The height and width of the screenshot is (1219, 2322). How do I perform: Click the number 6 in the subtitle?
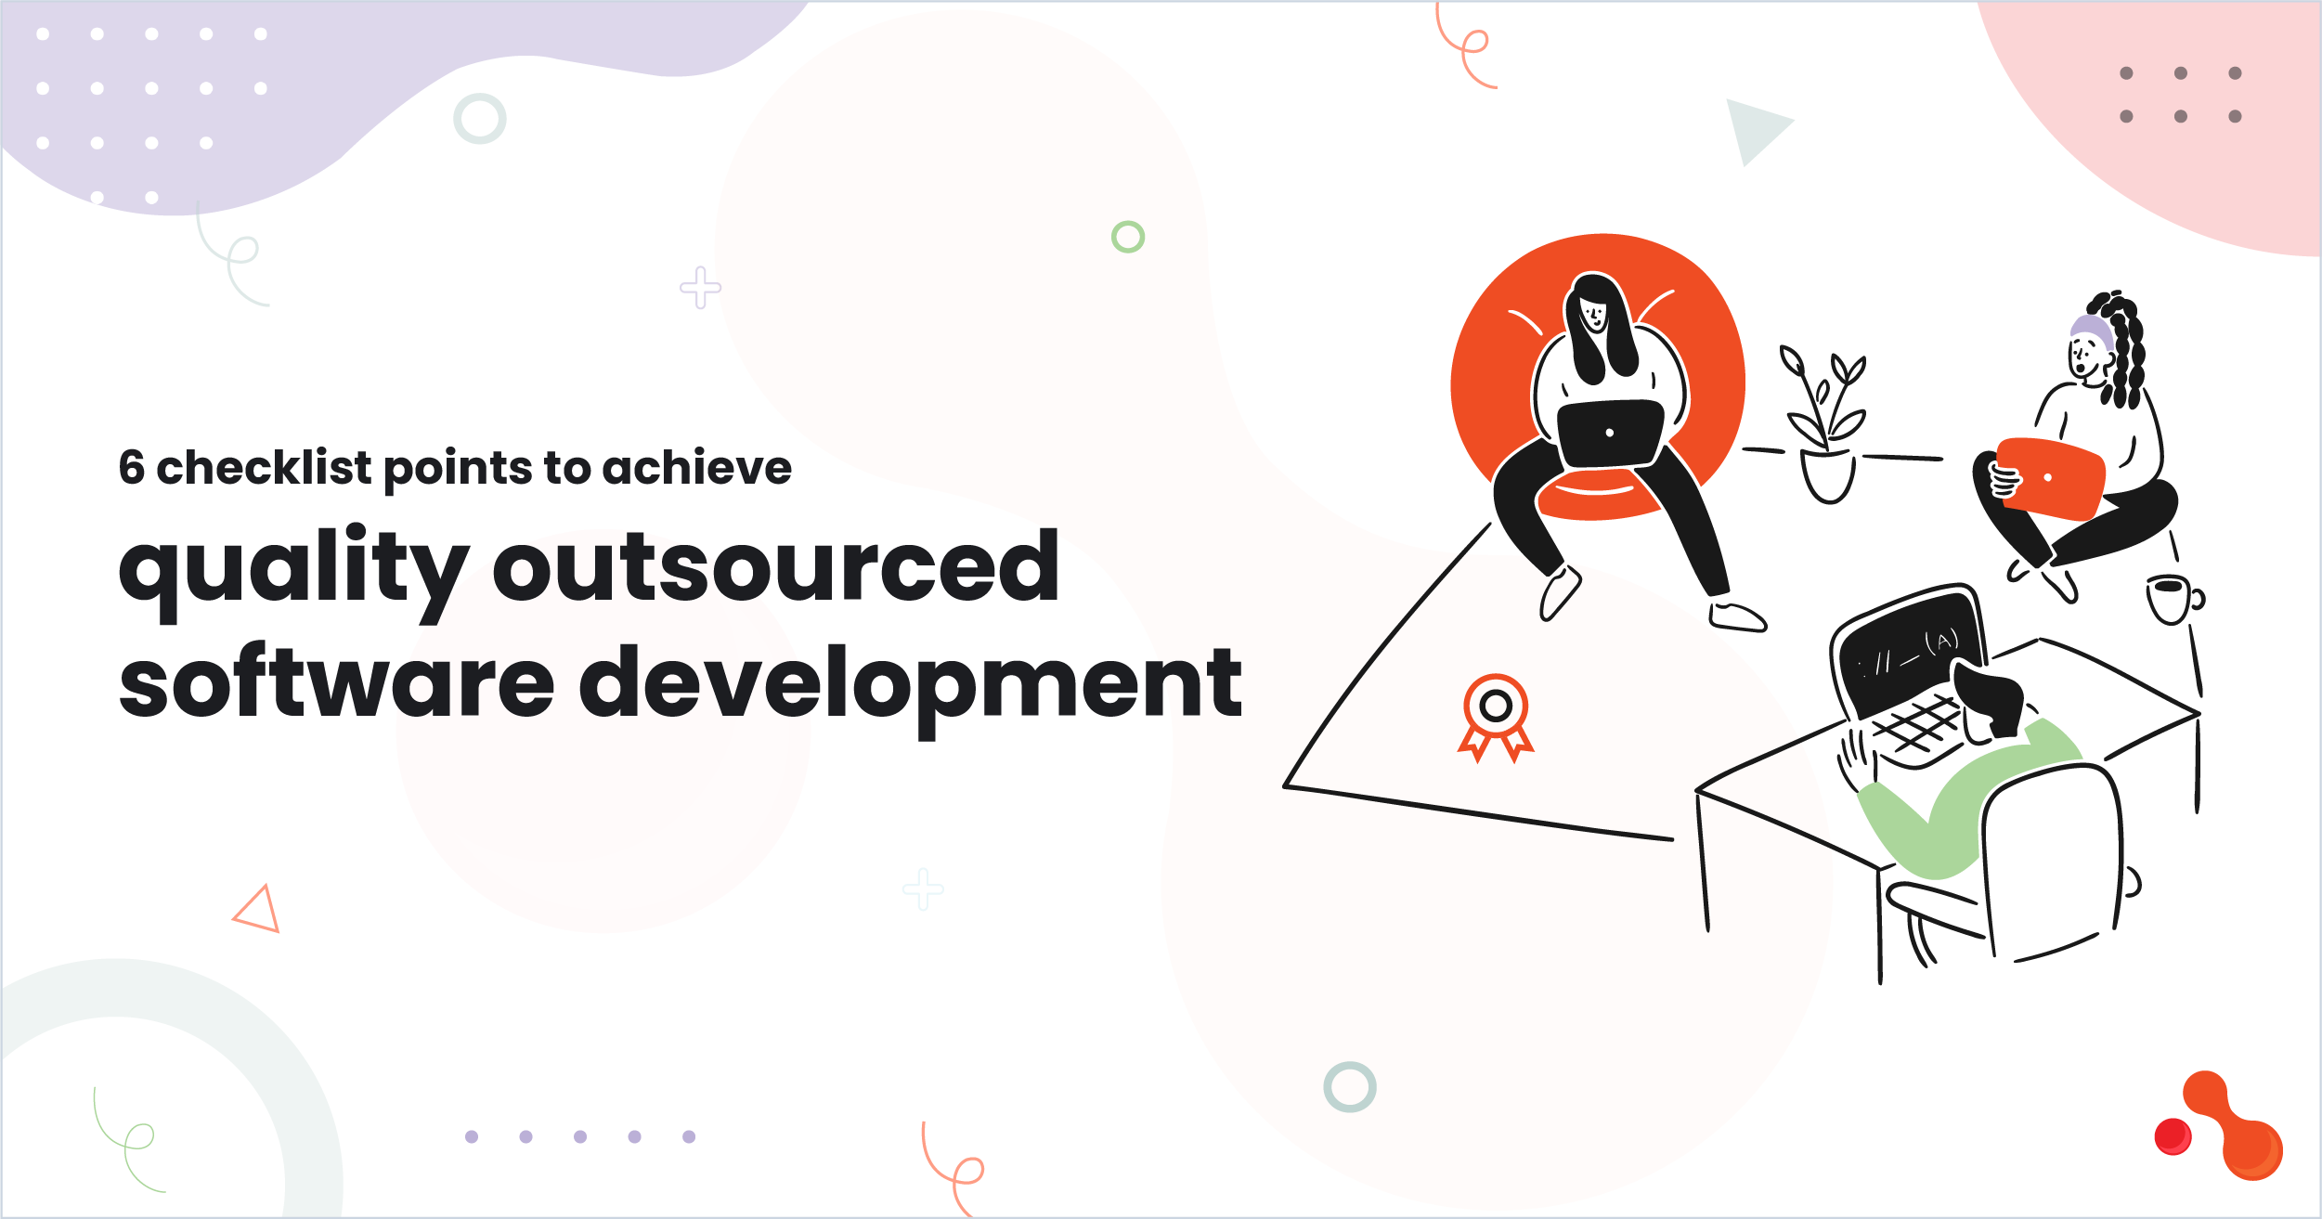point(131,468)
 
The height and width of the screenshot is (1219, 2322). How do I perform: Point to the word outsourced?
point(775,566)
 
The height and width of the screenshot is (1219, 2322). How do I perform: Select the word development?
point(910,687)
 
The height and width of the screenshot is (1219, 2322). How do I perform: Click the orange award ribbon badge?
point(1495,715)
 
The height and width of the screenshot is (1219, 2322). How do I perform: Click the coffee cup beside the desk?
point(2171,599)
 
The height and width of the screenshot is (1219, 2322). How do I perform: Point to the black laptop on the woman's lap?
point(1609,433)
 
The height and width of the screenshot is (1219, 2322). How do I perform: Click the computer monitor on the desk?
point(1908,650)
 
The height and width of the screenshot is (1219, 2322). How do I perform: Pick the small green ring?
point(1128,237)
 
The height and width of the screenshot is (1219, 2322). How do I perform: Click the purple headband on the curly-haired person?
point(2091,330)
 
